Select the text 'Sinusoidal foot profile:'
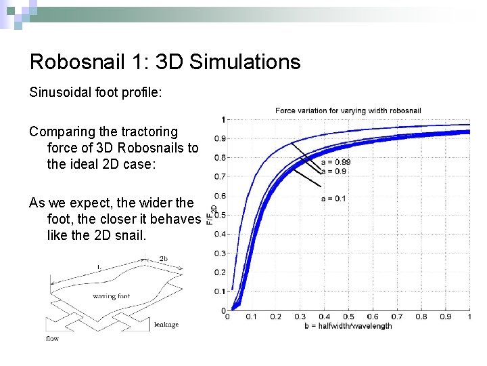click(x=95, y=92)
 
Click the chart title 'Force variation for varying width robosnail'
click(x=348, y=110)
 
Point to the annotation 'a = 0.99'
click(x=335, y=162)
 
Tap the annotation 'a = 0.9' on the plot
click(x=333, y=171)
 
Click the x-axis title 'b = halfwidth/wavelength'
click(x=348, y=326)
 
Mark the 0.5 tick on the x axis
click(x=348, y=317)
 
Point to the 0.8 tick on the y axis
click(x=220, y=158)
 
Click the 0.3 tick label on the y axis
click(x=220, y=253)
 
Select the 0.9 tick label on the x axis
click(x=445, y=317)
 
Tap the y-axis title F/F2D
click(x=211, y=214)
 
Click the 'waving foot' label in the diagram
click(x=112, y=296)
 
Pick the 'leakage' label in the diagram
click(x=166, y=325)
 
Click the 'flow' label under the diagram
click(x=52, y=338)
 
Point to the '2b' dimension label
click(x=164, y=259)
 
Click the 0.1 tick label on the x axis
click(x=251, y=317)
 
